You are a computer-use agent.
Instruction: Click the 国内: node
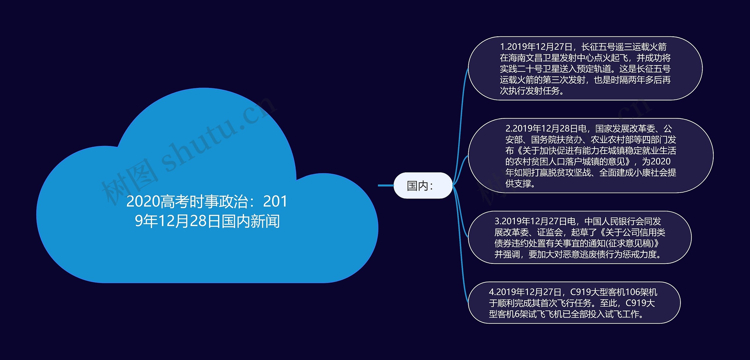pos(422,186)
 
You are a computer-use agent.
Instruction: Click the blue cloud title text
pos(207,211)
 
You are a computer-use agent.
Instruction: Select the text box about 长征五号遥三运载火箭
pos(585,68)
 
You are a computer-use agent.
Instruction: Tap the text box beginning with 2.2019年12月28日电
pos(591,156)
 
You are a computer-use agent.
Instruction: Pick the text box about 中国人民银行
pos(579,237)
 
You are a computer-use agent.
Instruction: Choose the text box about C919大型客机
pos(574,303)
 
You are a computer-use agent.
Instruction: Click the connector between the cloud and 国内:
pos(386,186)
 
